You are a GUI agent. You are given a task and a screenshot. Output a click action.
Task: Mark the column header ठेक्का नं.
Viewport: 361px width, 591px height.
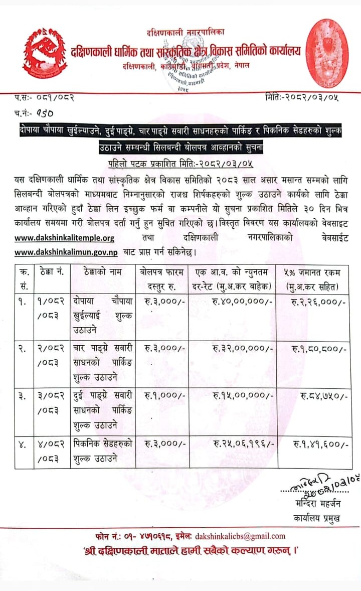(50, 272)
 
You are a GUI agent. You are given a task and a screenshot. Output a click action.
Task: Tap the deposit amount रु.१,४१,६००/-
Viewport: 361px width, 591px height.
(320, 444)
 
